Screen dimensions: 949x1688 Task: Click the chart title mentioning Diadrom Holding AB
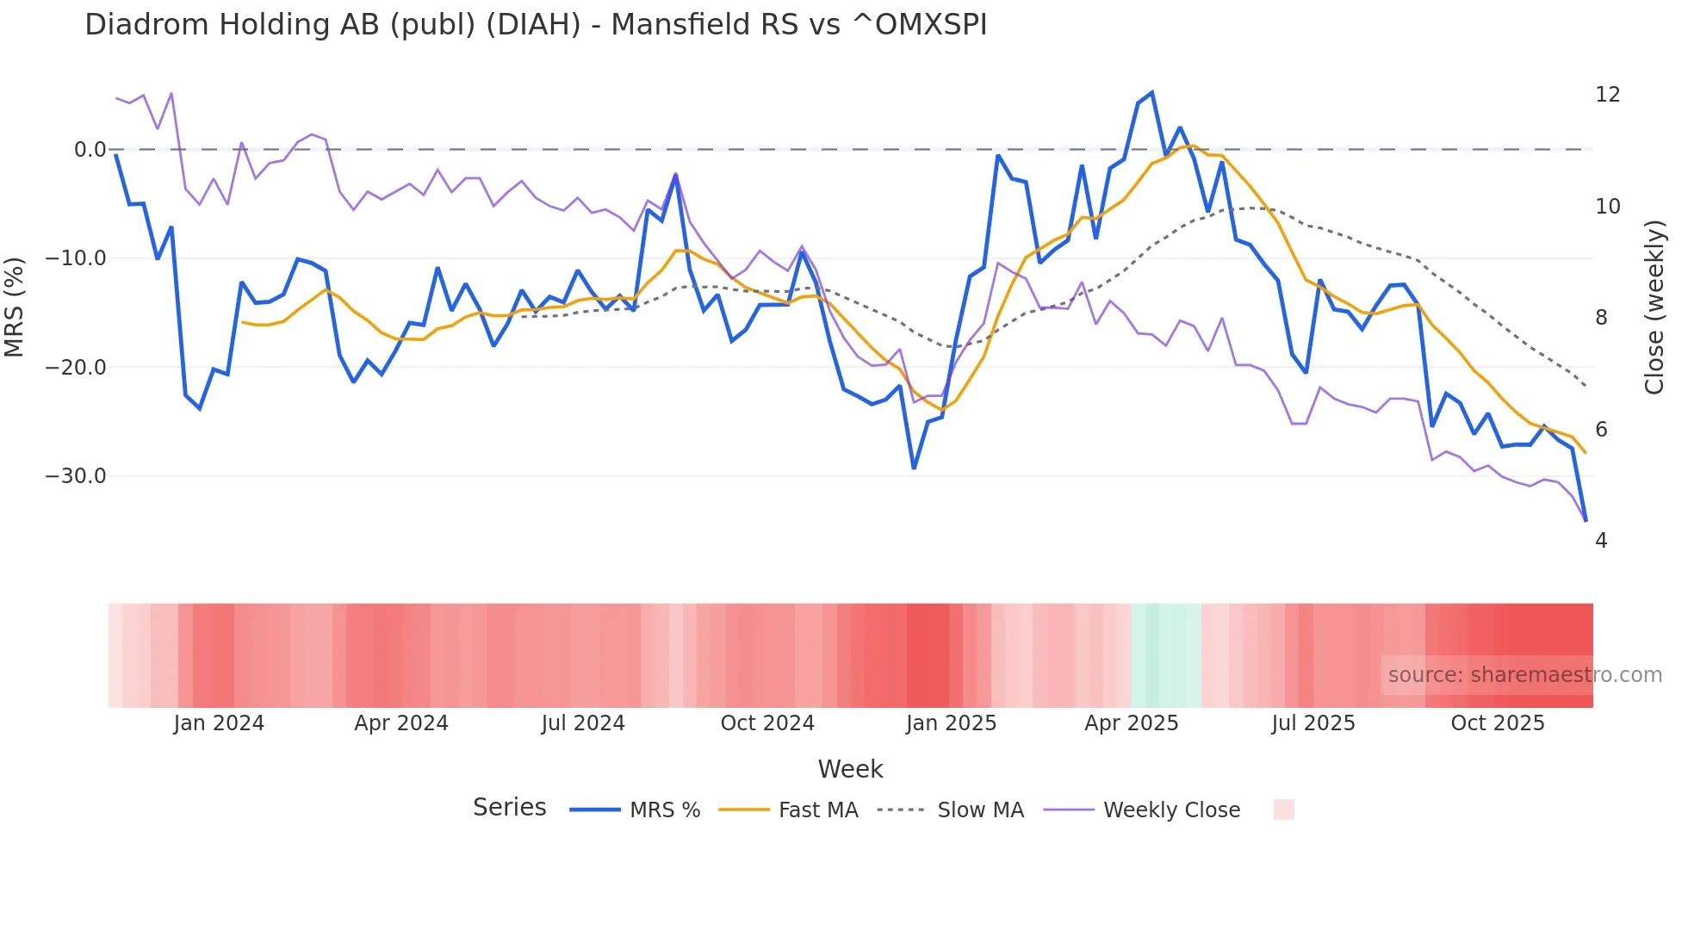click(x=535, y=25)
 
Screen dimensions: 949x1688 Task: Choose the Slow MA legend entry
click(x=951, y=810)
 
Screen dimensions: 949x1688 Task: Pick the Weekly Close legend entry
click(x=1142, y=810)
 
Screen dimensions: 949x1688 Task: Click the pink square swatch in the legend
click(x=1283, y=809)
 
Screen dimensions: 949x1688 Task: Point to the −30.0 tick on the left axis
click(x=76, y=476)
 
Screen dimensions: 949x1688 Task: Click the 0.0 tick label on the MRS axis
click(x=90, y=150)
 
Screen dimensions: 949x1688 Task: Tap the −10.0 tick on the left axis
click(x=76, y=258)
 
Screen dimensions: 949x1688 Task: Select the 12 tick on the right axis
click(x=1607, y=95)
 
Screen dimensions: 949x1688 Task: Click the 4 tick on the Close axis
click(x=1601, y=541)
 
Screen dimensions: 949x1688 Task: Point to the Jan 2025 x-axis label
click(x=951, y=723)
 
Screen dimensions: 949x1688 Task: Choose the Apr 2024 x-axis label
click(x=401, y=723)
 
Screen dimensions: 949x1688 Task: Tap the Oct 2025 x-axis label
click(x=1498, y=723)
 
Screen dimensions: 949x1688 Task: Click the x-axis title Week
click(x=850, y=769)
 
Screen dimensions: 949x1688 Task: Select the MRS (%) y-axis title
click(x=15, y=307)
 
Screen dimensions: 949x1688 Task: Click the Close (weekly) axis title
click(x=1654, y=307)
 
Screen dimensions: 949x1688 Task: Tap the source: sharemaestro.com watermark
click(x=1524, y=675)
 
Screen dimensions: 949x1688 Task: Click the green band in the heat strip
click(x=1165, y=655)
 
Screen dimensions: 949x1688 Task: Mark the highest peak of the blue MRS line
click(x=1151, y=93)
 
